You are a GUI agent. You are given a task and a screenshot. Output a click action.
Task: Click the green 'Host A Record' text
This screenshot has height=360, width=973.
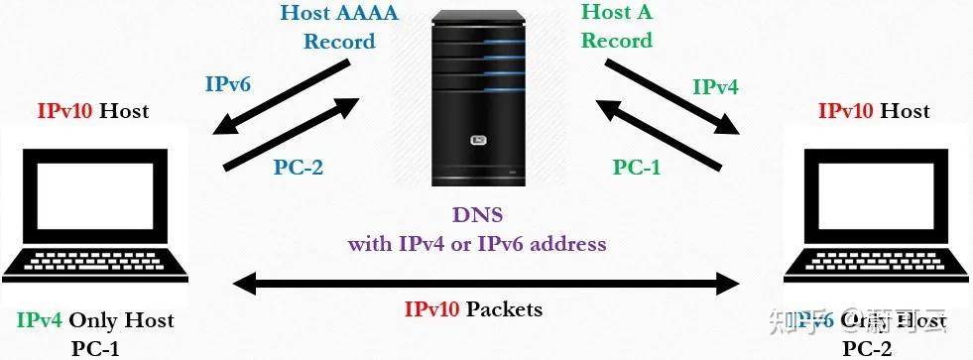pyautogui.click(x=617, y=28)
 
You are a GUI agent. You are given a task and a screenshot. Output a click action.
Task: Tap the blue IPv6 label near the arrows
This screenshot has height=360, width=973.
pyautogui.click(x=228, y=83)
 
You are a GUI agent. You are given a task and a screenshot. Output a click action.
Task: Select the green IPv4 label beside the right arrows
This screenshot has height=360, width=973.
pyautogui.click(x=715, y=86)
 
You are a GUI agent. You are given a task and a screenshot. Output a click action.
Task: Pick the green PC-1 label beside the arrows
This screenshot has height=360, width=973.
pyautogui.click(x=637, y=167)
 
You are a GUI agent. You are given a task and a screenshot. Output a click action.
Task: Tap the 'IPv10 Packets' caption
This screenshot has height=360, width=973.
pyautogui.click(x=473, y=309)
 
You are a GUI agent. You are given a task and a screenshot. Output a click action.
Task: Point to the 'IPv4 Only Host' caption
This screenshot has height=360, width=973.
pyautogui.click(x=95, y=320)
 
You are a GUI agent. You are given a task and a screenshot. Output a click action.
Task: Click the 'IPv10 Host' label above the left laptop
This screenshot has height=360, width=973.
pyautogui.click(x=93, y=110)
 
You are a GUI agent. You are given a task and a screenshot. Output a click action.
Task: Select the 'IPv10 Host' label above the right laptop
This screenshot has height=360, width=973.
pyautogui.click(x=875, y=110)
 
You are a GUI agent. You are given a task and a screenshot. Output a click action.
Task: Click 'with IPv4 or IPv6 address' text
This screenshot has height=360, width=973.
pyautogui.click(x=476, y=243)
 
